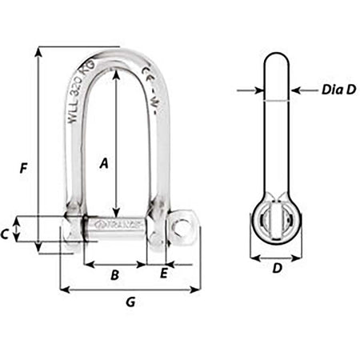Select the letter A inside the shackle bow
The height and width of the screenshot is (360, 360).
click(102, 163)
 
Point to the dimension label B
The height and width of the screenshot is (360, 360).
click(114, 275)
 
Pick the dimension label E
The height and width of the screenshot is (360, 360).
click(164, 274)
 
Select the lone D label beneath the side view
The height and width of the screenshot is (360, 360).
click(276, 269)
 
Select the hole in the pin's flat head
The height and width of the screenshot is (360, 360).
click(183, 225)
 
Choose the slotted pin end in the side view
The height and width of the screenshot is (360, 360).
click(274, 219)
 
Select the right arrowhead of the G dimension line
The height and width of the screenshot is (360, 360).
click(196, 290)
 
